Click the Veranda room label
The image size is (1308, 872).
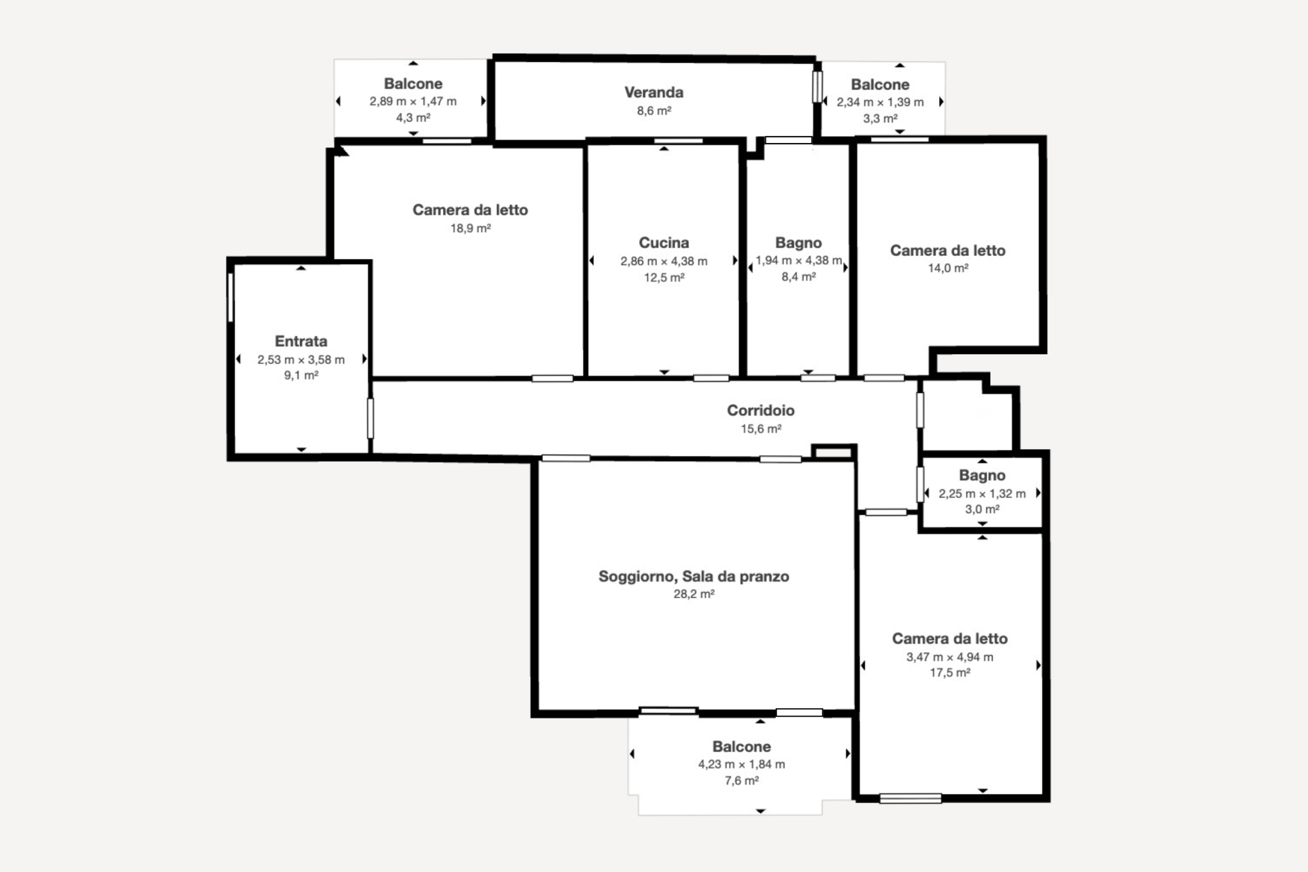point(653,92)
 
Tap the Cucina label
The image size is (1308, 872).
point(664,243)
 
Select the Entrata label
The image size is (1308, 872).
point(301,341)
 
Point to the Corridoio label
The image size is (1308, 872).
point(760,410)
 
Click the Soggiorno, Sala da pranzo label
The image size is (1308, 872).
point(693,576)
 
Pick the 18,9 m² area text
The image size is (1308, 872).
point(470,228)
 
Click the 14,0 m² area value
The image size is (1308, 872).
point(948,268)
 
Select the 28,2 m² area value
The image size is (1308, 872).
point(693,594)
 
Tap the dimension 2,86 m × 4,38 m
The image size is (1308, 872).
point(664,261)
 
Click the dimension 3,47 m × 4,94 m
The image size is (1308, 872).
point(949,657)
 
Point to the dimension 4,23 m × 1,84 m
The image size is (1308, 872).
point(741,764)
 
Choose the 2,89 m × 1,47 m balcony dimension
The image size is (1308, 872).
point(413,101)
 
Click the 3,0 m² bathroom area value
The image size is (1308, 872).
point(982,509)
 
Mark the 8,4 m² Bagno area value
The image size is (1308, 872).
point(798,277)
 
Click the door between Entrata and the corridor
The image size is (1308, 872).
point(370,418)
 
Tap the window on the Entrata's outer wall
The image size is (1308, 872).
point(230,297)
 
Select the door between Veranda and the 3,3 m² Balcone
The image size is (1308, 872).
point(817,87)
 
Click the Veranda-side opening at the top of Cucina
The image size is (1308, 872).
point(678,140)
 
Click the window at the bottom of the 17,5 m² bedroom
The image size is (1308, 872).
point(910,798)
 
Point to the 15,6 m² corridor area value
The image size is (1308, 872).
point(760,429)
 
